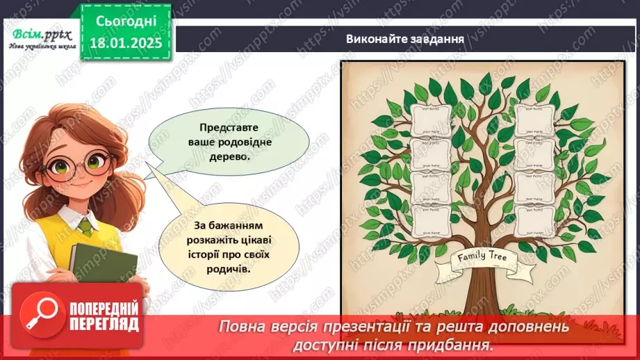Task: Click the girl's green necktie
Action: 85,227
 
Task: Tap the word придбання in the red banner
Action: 454,344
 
